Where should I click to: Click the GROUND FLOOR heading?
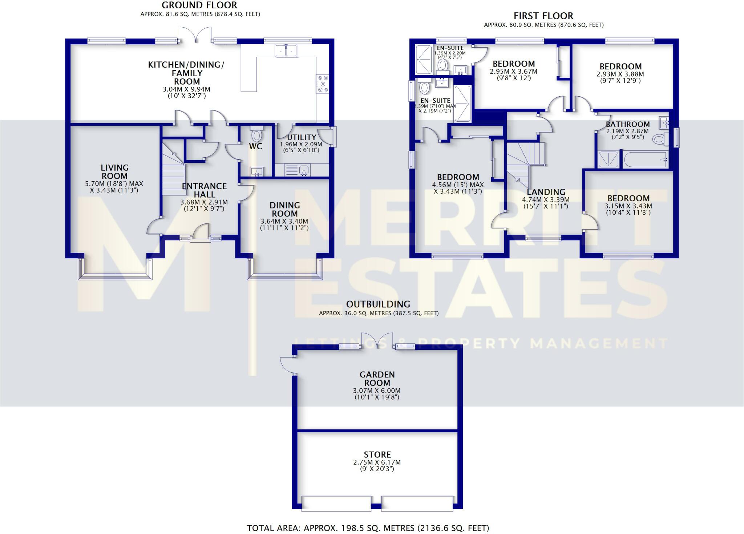click(x=199, y=5)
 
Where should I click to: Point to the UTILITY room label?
click(x=301, y=137)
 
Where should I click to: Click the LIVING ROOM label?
click(x=114, y=172)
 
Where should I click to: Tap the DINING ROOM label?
click(x=284, y=210)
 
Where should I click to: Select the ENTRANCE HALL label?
click(x=204, y=190)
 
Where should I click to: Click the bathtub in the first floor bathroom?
click(x=646, y=159)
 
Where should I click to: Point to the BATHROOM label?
click(x=627, y=124)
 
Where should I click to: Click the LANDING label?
click(x=546, y=192)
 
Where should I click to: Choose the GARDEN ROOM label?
click(x=377, y=379)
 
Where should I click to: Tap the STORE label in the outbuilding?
click(x=377, y=454)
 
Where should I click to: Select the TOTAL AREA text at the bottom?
click(x=368, y=528)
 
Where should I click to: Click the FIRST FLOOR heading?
click(x=543, y=16)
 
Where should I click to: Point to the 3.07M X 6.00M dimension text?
click(x=377, y=391)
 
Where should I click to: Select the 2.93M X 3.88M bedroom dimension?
click(x=620, y=74)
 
